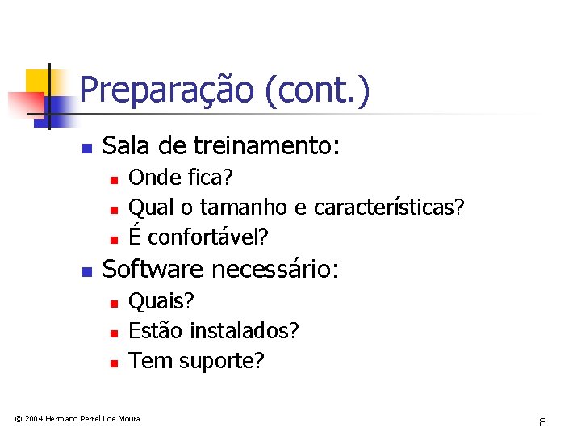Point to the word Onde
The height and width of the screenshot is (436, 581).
point(153,177)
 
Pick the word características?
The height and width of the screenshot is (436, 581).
point(389,208)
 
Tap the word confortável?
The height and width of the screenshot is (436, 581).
point(208,237)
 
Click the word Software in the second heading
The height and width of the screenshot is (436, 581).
point(152,269)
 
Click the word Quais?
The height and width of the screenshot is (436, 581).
point(161,301)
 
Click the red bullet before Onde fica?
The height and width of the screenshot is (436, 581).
point(115,178)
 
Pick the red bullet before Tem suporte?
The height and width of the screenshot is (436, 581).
point(115,363)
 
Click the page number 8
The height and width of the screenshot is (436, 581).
point(543,422)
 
